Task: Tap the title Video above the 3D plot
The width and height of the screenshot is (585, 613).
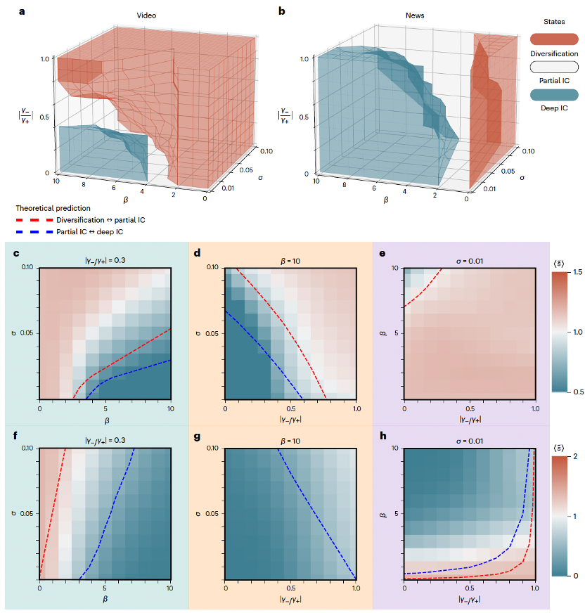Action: pyautogui.click(x=146, y=16)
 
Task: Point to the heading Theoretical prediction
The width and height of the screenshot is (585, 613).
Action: pyautogui.click(x=54, y=209)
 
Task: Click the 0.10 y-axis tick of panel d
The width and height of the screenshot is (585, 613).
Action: pyautogui.click(x=212, y=268)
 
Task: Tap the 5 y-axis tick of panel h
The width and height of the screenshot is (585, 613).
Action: pyautogui.click(x=395, y=514)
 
